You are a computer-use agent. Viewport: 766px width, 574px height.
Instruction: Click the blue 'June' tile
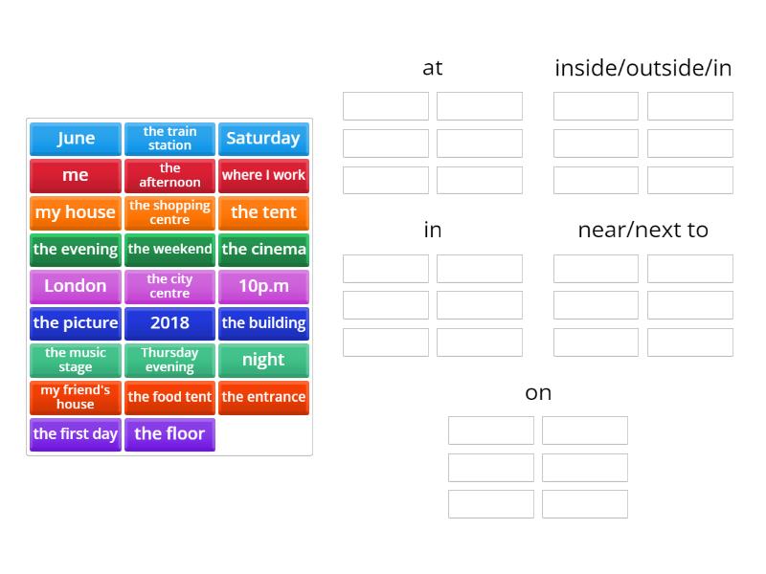(x=76, y=139)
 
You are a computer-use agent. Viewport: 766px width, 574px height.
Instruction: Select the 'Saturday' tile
(x=263, y=139)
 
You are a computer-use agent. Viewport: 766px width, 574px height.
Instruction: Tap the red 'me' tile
(x=76, y=175)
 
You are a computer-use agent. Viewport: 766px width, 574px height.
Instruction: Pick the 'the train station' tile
(x=169, y=139)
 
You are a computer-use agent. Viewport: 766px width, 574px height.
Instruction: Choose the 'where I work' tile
(x=263, y=175)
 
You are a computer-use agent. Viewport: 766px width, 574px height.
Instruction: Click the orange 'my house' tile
(x=76, y=212)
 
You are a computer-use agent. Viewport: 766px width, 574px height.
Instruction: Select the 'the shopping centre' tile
(x=169, y=212)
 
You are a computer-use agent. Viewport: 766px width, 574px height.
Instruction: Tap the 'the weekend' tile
(x=169, y=250)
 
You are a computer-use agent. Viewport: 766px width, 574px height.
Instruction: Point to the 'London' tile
(x=76, y=286)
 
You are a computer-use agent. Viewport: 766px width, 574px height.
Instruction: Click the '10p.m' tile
(x=263, y=286)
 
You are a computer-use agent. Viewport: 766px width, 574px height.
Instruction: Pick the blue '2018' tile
(x=169, y=323)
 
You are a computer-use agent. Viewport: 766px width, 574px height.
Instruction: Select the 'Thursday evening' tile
(x=169, y=360)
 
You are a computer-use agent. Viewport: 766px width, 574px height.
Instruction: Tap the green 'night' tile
(x=263, y=360)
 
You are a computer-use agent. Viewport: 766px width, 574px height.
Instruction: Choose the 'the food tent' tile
(x=169, y=397)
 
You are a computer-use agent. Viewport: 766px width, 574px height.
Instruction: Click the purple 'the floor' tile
(x=169, y=434)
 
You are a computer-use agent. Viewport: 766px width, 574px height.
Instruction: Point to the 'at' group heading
(x=433, y=68)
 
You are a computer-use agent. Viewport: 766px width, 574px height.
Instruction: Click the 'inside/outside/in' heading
(x=643, y=68)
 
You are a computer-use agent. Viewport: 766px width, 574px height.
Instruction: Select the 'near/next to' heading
(x=643, y=231)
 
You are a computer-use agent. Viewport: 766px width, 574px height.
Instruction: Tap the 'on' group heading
(x=538, y=393)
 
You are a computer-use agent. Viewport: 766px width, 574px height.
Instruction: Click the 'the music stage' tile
(x=76, y=360)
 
